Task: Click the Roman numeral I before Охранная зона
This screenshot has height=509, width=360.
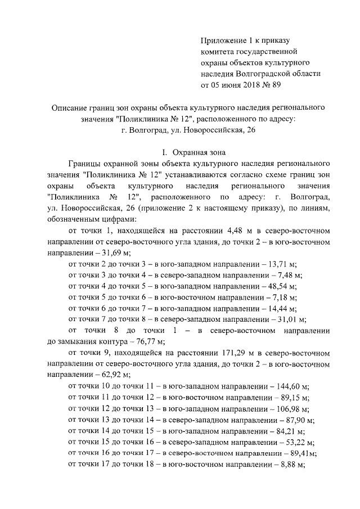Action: pos(163,152)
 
